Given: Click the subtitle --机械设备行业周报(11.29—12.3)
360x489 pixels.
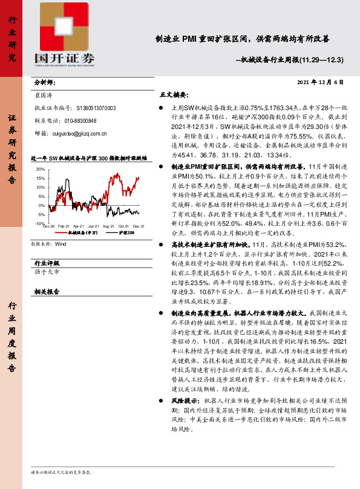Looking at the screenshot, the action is [289, 60].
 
